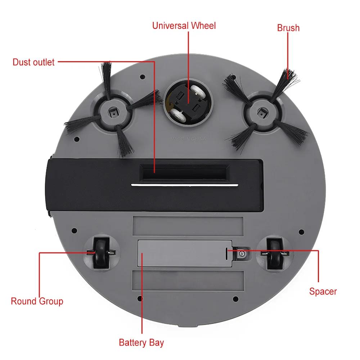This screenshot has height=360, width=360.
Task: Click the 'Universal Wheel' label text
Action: point(184,26)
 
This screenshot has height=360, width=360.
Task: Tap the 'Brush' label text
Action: point(288,28)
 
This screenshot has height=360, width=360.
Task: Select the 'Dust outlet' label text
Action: point(33,62)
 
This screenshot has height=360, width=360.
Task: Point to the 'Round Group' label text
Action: point(37,301)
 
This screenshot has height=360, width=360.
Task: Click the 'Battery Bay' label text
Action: point(141,343)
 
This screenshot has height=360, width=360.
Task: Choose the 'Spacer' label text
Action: point(323,292)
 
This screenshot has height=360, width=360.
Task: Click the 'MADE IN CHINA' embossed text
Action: point(188,139)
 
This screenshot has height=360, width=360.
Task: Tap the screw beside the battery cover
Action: point(242,254)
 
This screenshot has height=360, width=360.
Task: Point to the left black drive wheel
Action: point(101,253)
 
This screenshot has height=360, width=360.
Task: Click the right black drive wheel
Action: point(274,254)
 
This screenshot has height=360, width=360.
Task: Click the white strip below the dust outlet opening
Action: point(185,185)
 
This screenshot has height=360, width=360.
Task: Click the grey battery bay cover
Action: point(185,253)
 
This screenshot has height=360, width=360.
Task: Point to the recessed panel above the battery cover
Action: point(188,226)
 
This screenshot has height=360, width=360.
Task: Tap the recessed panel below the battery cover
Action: point(188,281)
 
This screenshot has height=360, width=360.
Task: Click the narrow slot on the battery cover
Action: point(226,254)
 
